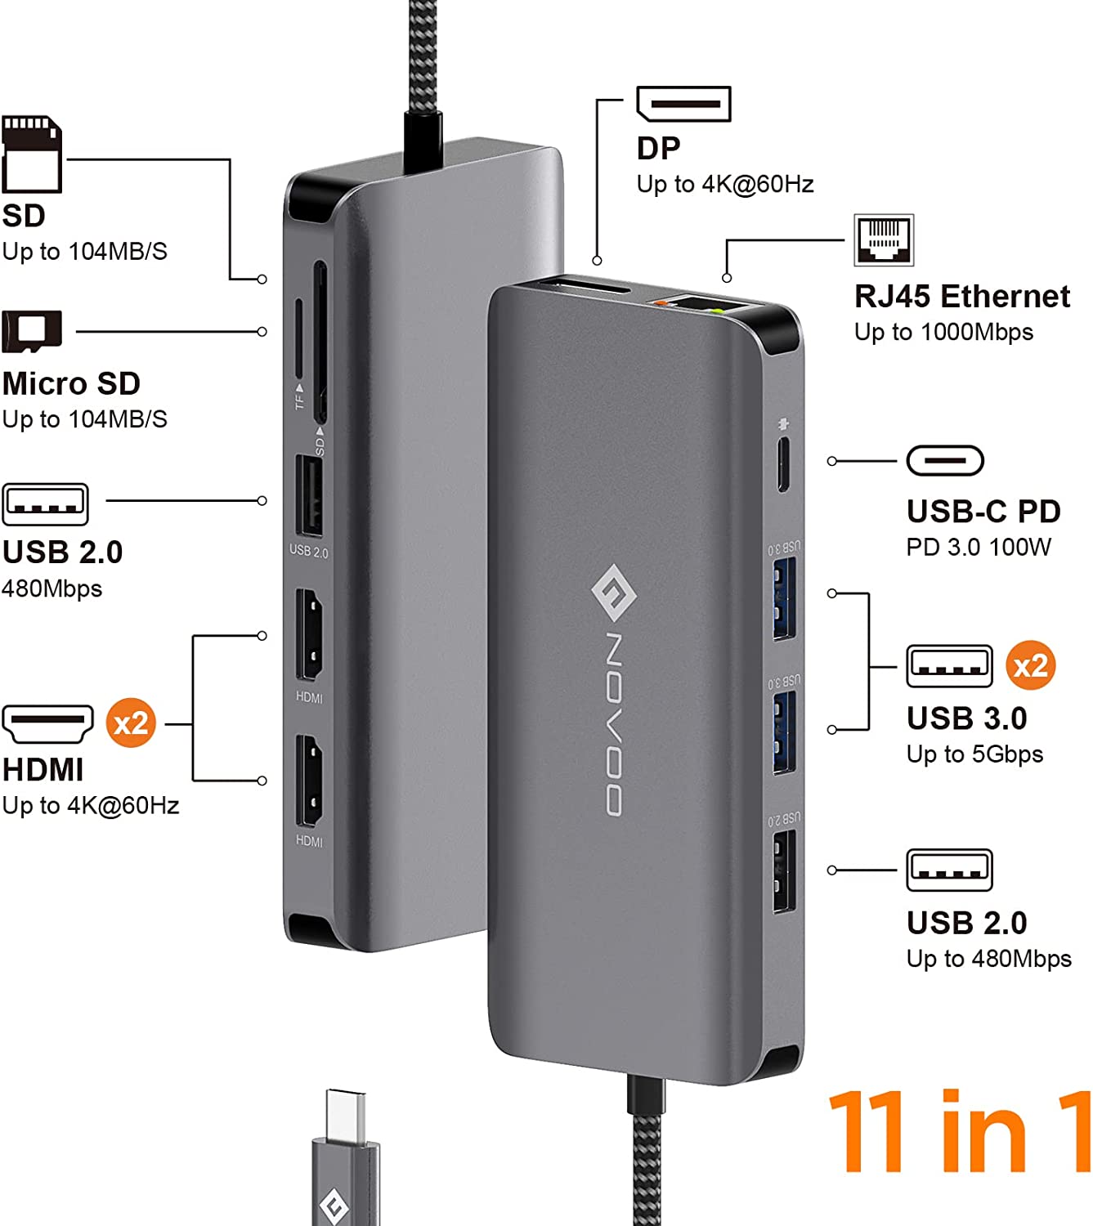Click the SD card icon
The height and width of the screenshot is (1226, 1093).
(32, 154)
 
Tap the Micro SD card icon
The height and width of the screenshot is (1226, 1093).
(32, 331)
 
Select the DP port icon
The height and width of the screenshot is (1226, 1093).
(683, 104)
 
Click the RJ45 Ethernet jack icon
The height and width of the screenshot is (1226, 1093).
(884, 240)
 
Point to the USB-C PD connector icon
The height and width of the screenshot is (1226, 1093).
(945, 461)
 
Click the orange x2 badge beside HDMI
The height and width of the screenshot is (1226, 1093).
(131, 723)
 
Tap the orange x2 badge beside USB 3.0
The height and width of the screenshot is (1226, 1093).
(1030, 665)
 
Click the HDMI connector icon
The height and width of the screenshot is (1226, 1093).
(47, 723)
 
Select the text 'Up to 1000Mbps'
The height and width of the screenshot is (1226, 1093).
(943, 332)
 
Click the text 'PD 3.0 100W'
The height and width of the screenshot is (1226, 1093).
(979, 547)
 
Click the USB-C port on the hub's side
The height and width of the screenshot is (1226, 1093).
(782, 466)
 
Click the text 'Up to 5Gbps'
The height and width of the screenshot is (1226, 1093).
(974, 754)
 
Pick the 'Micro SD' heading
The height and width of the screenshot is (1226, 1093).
(71, 383)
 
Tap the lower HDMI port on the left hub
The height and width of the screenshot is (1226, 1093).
(309, 781)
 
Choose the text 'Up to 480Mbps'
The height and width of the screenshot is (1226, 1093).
(988, 958)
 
